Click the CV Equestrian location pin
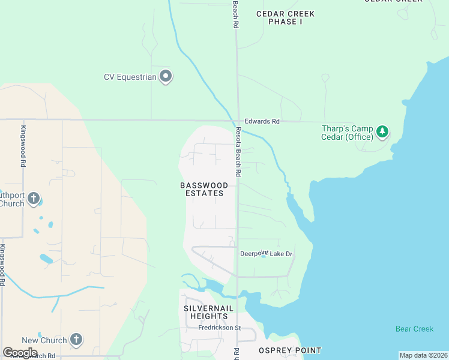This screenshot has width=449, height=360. [x=166, y=76]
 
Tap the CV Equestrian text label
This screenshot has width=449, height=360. [x=130, y=77]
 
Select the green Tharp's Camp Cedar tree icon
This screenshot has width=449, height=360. [x=382, y=131]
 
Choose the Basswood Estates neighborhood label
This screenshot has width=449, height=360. [x=204, y=189]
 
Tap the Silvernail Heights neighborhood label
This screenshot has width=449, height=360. [x=206, y=312]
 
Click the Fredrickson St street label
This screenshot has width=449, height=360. [x=220, y=328]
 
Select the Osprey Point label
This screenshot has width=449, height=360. [x=290, y=350]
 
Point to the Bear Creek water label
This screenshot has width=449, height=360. [x=414, y=329]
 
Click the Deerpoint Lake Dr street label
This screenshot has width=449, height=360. [x=267, y=254]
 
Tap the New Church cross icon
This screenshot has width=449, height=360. [x=76, y=340]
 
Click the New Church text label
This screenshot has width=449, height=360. [x=45, y=340]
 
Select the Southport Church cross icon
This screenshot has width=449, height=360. [x=34, y=199]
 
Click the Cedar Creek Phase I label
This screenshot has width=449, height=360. [x=285, y=17]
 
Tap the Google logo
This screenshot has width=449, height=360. [x=20, y=353]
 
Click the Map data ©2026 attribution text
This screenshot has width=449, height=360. [x=423, y=355]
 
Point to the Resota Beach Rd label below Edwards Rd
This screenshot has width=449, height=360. [x=238, y=152]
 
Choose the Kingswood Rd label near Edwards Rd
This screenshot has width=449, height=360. [x=23, y=146]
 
